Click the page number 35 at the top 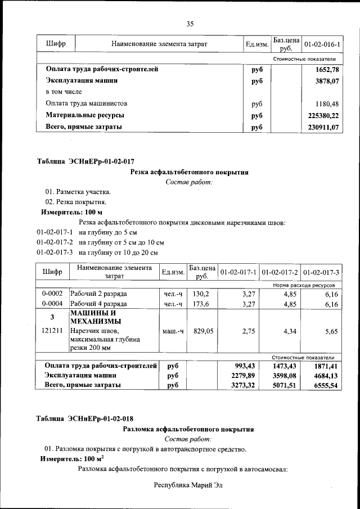point(190,24)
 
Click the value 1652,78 point(327,70)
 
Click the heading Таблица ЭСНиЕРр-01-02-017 point(85,161)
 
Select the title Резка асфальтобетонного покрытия point(189,172)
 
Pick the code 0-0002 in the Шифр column point(52,294)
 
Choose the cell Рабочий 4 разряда point(98,304)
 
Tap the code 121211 point(52,332)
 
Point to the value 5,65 point(332,332)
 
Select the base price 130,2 point(201,294)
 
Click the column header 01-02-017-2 point(280,272)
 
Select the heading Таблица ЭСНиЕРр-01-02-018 point(85,418)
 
